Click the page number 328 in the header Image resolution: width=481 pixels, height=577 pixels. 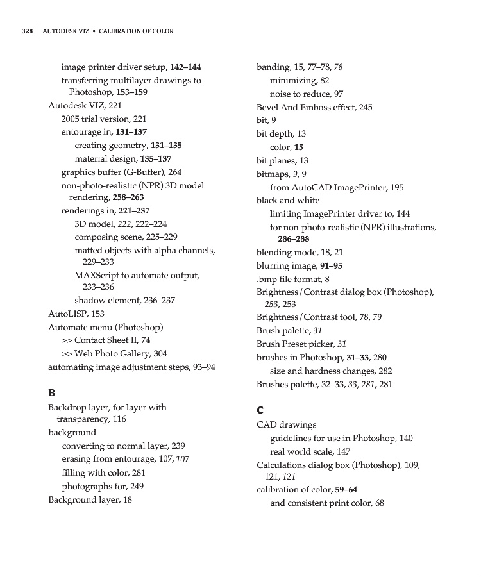pyautogui.click(x=26, y=31)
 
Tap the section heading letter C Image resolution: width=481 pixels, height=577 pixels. pyautogui.click(x=261, y=410)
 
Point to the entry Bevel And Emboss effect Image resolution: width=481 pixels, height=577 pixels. pyautogui.click(x=314, y=107)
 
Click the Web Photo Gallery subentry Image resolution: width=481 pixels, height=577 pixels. pyautogui.click(x=114, y=353)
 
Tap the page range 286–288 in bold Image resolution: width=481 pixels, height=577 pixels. pyautogui.click(x=294, y=239)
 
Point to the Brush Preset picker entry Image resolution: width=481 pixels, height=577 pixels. pyautogui.click(x=301, y=344)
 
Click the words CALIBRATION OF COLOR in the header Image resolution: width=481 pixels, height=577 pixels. pyautogui.click(x=136, y=31)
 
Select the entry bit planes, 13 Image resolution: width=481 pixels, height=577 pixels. pyautogui.click(x=282, y=160)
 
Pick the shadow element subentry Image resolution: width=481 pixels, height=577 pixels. pyautogui.click(x=124, y=300)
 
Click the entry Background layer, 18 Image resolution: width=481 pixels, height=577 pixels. pyautogui.click(x=90, y=499)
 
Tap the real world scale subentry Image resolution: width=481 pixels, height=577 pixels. pyautogui.click(x=310, y=451)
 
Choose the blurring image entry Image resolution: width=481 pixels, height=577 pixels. pyautogui.click(x=299, y=265)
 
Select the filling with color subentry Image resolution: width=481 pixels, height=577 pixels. pyautogui.click(x=103, y=472)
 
